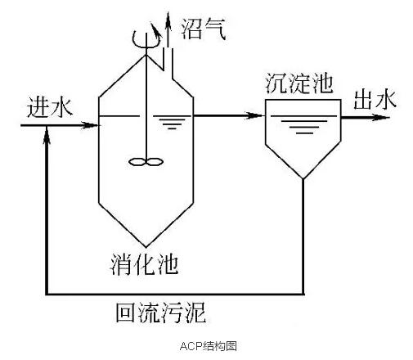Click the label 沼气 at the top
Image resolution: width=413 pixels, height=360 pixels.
[x=203, y=29]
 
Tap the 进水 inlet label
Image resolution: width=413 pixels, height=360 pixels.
[x=50, y=107]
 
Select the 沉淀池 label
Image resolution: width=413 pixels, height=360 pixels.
[x=299, y=83]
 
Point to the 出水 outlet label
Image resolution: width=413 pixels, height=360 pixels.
[x=375, y=100]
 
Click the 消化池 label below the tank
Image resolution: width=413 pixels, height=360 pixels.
[x=144, y=264]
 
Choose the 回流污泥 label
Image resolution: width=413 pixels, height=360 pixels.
[x=161, y=313]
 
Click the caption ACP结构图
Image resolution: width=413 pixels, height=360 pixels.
[x=208, y=346]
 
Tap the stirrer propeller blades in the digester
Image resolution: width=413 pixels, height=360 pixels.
[x=146, y=162]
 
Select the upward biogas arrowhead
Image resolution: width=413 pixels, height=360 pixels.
[x=168, y=19]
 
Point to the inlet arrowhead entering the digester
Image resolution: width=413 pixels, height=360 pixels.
[x=90, y=125]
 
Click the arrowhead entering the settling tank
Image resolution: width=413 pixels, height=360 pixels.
[x=254, y=115]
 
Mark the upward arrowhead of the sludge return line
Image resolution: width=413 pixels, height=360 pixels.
[x=47, y=135]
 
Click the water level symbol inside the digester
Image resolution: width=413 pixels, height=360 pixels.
[x=172, y=123]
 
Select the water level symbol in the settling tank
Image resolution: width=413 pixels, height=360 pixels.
[x=304, y=127]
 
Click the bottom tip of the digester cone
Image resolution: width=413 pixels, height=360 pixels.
[x=146, y=247]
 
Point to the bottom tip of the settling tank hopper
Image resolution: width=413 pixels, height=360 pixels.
[x=303, y=178]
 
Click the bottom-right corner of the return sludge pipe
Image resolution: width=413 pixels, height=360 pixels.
[x=303, y=294]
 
